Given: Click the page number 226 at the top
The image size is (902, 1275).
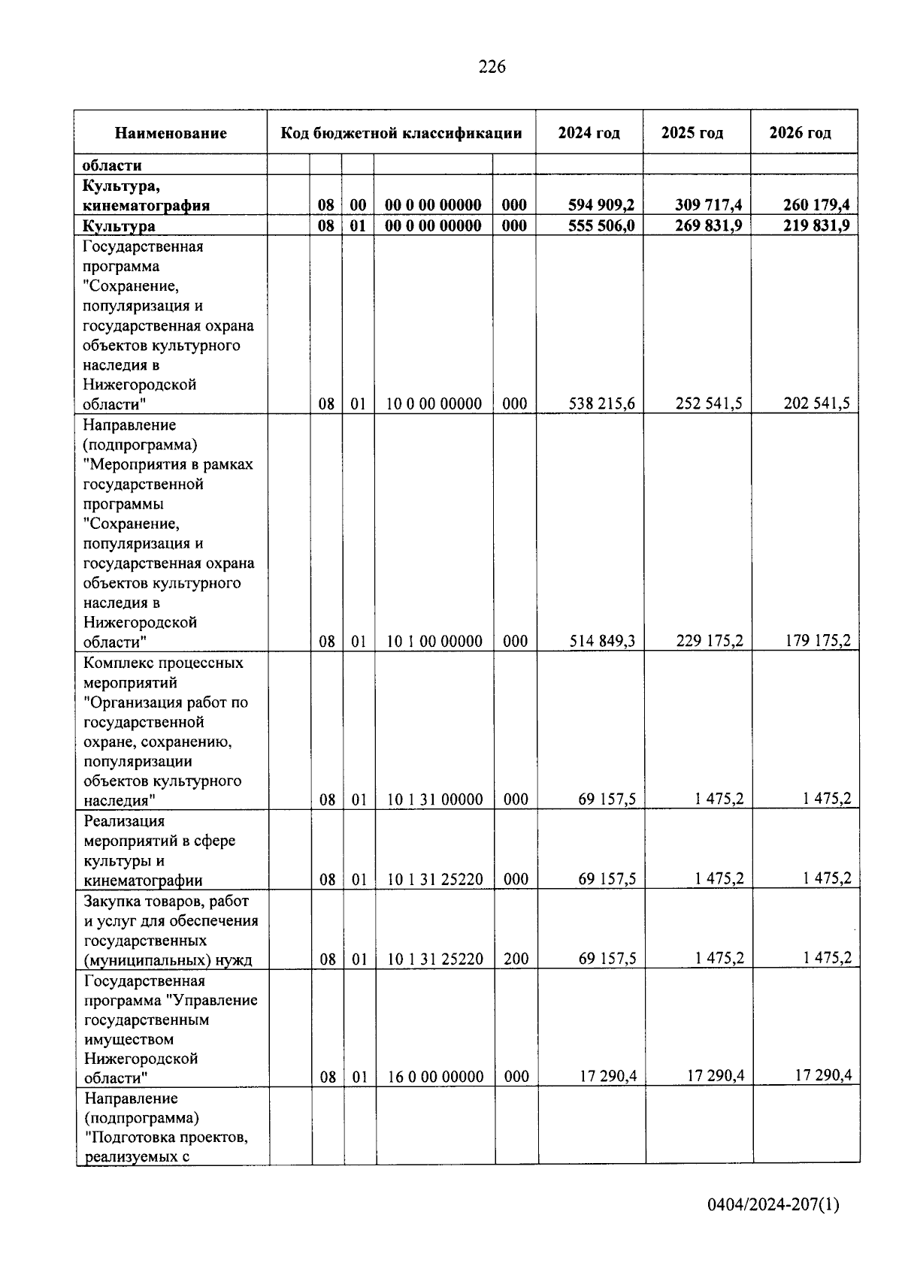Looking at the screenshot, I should [x=492, y=67].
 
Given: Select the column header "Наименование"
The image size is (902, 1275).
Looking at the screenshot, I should [x=171, y=134].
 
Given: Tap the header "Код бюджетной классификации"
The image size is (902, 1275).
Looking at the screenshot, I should [x=401, y=134].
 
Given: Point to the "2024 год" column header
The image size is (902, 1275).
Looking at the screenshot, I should [x=589, y=134].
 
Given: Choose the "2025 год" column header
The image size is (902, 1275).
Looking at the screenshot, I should [x=692, y=134].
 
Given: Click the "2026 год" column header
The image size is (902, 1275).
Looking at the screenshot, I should [x=801, y=134].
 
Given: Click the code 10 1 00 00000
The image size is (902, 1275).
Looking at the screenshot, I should [x=434, y=642].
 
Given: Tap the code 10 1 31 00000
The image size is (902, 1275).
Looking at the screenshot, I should [x=435, y=799].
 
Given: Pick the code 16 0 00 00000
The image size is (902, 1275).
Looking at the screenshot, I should [x=435, y=1077].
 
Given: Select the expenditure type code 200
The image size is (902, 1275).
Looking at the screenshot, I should [x=516, y=959].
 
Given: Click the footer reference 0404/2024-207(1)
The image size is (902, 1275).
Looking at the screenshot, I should [x=773, y=1205].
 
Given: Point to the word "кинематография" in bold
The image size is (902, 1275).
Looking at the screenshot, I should [x=147, y=205].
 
